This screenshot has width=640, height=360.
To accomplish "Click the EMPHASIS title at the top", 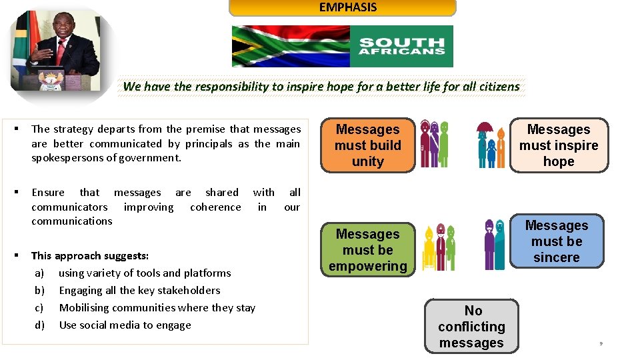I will point(347,7).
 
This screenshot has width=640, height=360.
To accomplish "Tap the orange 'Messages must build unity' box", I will point(368,145).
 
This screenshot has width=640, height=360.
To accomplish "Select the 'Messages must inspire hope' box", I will point(559,145).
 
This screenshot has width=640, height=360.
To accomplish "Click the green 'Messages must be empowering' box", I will point(368,250).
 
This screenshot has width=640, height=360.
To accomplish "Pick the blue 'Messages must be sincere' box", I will point(557,241).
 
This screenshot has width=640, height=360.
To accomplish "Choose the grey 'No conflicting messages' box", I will point(471,327).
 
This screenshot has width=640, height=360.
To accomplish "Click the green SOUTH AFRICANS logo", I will point(401,47).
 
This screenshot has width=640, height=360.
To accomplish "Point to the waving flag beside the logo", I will point(291,47).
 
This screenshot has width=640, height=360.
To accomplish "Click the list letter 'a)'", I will point(39,273).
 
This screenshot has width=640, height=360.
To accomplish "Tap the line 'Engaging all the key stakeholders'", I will point(139,290).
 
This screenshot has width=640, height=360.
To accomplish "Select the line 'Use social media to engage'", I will point(125,325).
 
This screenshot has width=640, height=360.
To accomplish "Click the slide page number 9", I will point(601,343).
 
